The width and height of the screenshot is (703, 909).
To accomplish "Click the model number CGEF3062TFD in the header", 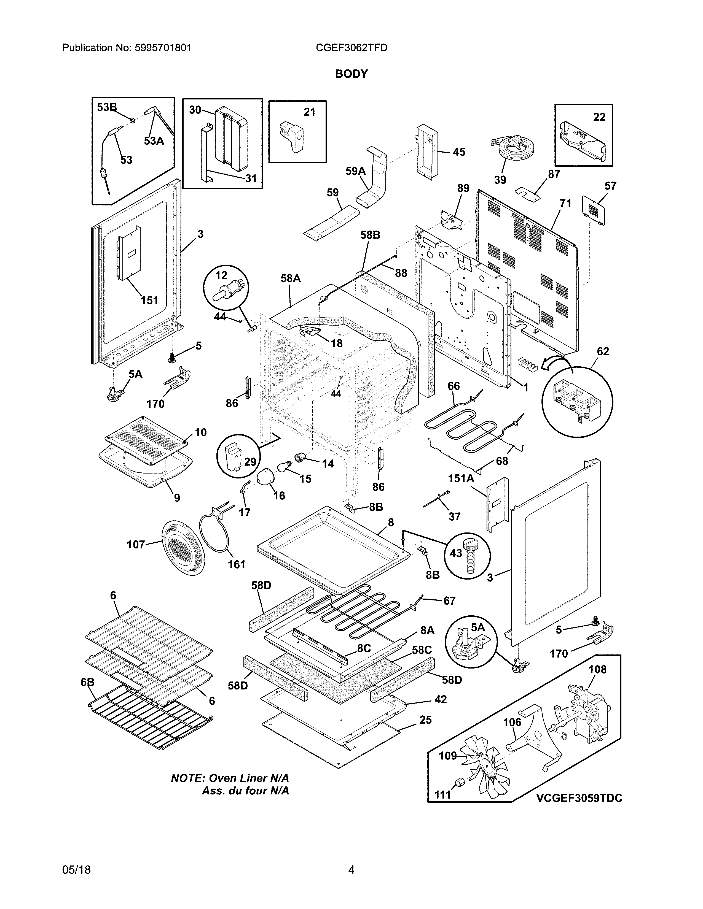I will pos(351,48).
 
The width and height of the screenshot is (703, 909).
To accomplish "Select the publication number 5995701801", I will pos(163,48).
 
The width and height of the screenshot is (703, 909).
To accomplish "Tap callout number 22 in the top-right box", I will pos(599,117).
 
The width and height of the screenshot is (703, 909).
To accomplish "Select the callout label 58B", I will pos(370,235).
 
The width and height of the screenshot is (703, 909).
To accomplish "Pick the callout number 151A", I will pos(461,479).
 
